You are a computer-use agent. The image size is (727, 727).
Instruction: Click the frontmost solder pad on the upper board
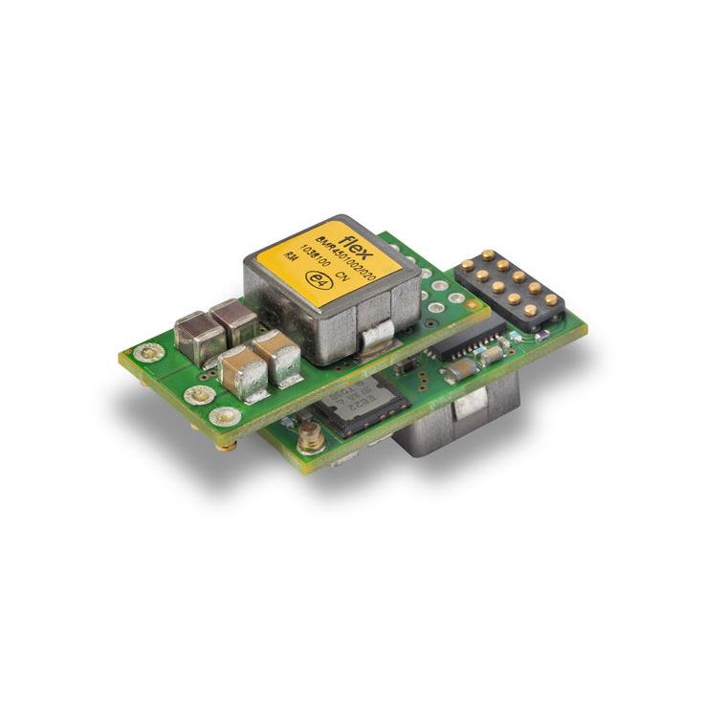(x=225, y=415)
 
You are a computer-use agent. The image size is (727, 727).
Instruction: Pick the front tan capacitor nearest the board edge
(x=242, y=372)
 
